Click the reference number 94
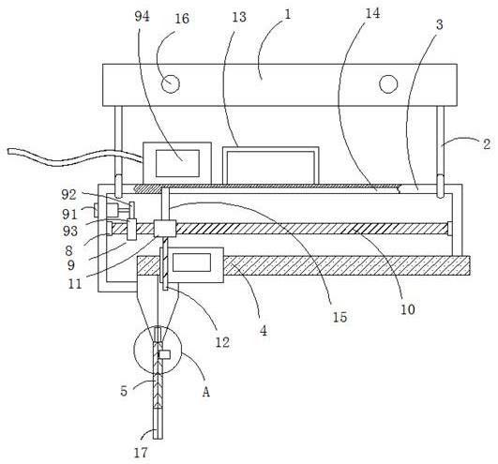point(142,16)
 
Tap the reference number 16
point(182,19)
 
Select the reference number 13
point(239,17)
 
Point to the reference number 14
point(372,13)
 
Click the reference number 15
point(340,317)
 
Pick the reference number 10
point(408,309)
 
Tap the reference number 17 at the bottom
point(141,453)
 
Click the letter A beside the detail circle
point(206,392)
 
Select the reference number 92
point(68,195)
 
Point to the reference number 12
point(222,342)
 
